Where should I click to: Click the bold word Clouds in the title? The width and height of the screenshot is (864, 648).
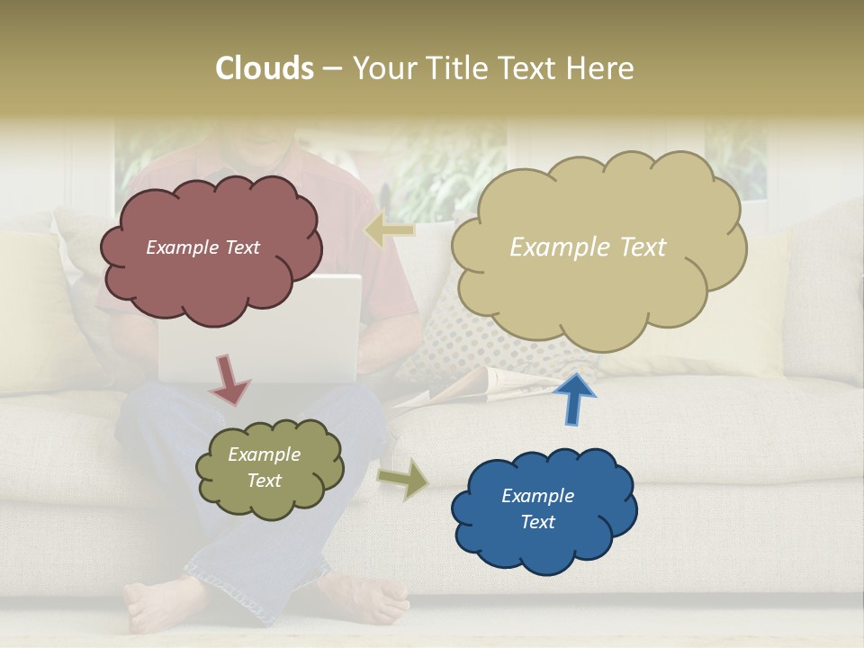[x=265, y=68]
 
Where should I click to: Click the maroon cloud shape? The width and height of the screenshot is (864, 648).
[x=209, y=248]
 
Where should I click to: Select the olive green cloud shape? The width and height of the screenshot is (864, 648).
[x=269, y=468]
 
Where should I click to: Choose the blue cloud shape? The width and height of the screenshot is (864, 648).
[x=543, y=510]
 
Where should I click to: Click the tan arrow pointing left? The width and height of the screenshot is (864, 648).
[x=389, y=230]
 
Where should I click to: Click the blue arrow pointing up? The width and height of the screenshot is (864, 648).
[x=573, y=398]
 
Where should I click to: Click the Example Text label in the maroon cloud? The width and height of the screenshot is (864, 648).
[x=202, y=247]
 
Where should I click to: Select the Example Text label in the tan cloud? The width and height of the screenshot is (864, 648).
[x=588, y=247]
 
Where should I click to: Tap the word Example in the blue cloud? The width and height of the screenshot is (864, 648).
[x=537, y=496]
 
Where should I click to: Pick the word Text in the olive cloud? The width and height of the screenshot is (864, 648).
[x=265, y=481]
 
